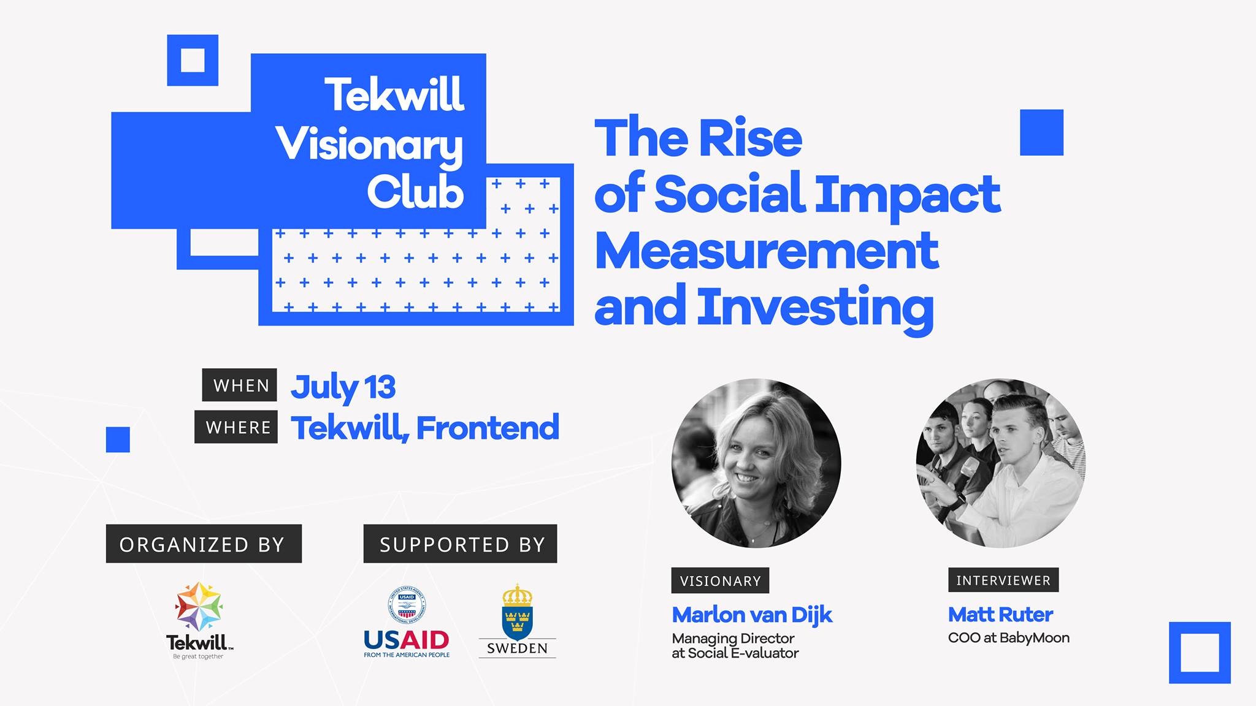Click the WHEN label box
coord(239,385)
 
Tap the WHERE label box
coord(236,427)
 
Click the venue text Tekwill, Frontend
coord(425,428)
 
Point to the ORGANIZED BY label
coord(204,544)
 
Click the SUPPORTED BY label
coord(460,544)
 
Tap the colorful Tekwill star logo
coord(199,607)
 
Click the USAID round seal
coord(407,605)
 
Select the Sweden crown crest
coord(517,612)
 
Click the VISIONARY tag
coord(720,580)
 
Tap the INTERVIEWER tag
coord(1003,580)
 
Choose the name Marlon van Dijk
coord(752,615)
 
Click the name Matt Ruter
coord(1000,614)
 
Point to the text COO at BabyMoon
coord(1008,638)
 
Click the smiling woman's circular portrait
coord(756,463)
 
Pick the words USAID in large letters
coord(407,640)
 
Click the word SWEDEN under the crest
coord(517,648)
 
